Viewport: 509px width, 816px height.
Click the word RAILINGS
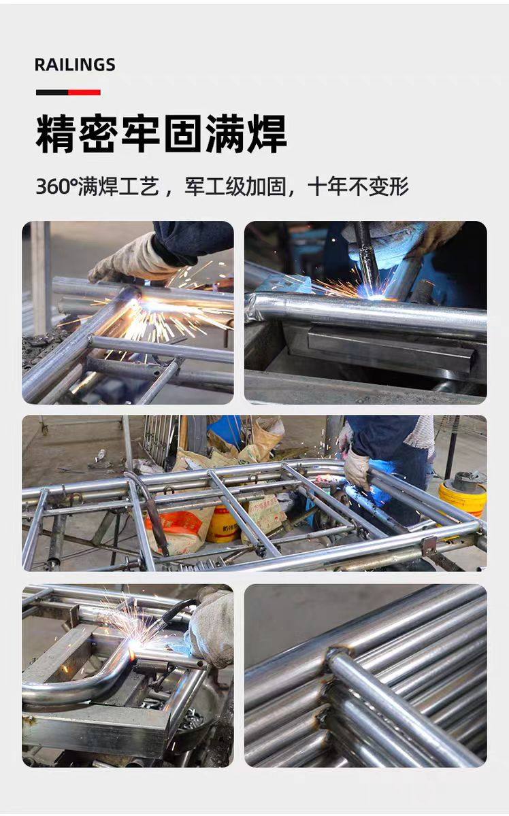(x=75, y=65)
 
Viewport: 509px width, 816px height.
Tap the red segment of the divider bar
(x=84, y=92)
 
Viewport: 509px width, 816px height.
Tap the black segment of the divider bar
(x=52, y=92)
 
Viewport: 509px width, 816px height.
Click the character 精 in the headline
(x=56, y=134)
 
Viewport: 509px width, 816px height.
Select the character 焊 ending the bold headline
(x=267, y=134)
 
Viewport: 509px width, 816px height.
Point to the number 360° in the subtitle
(x=56, y=186)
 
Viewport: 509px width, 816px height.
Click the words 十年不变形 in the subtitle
(x=358, y=186)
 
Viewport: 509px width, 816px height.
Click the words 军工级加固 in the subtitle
(x=235, y=186)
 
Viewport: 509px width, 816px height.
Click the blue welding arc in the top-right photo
(x=376, y=294)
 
